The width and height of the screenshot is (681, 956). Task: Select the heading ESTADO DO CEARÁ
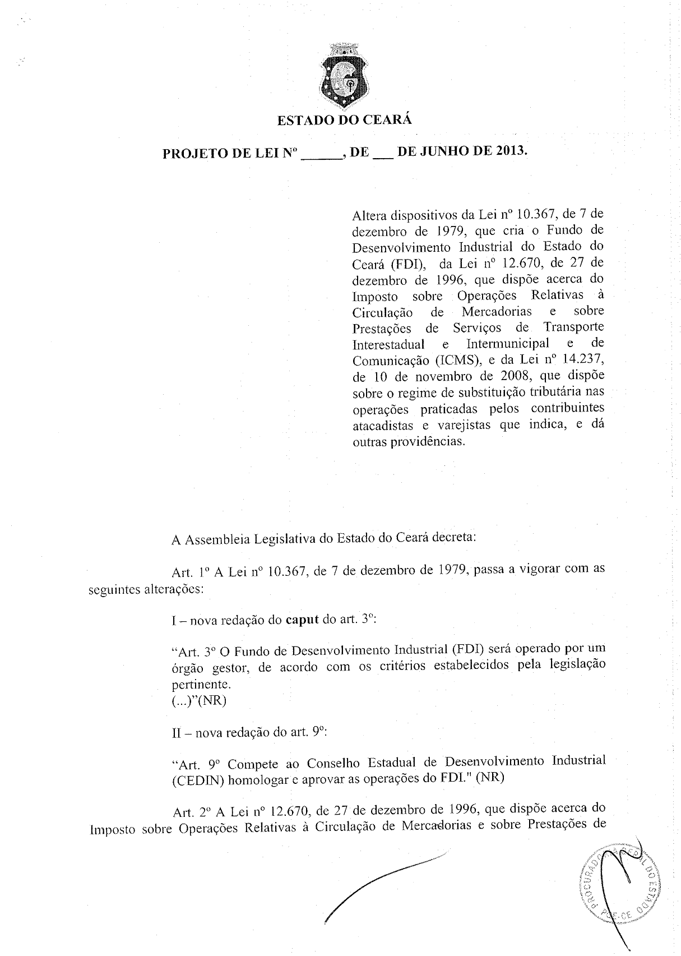344,120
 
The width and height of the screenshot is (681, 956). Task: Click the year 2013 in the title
510,151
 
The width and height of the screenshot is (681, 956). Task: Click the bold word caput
302,620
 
